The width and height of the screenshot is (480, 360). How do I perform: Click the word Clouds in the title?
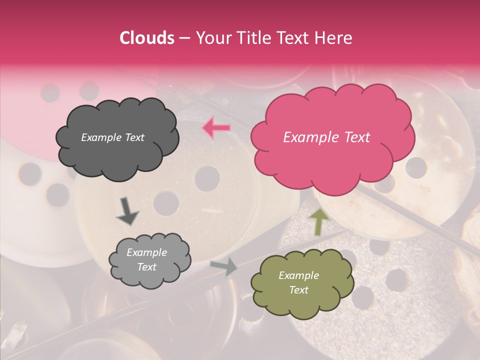click(147, 38)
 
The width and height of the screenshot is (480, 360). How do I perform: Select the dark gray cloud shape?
click(117, 160)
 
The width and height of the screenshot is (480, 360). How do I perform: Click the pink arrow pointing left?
click(216, 128)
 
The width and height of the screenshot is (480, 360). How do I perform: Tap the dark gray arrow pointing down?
click(127, 210)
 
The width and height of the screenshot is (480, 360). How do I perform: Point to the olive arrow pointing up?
click(319, 221)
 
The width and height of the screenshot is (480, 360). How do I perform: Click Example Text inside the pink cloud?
click(326, 137)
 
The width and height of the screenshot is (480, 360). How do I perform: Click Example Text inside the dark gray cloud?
click(112, 137)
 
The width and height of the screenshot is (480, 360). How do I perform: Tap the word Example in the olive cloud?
click(298, 275)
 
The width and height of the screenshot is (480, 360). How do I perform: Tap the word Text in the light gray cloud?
click(147, 267)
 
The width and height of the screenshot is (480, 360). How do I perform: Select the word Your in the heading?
click(211, 38)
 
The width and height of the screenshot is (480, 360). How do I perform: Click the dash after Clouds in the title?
click(183, 38)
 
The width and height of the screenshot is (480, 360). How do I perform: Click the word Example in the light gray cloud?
click(146, 252)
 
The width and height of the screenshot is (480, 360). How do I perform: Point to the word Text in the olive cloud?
click(298, 290)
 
